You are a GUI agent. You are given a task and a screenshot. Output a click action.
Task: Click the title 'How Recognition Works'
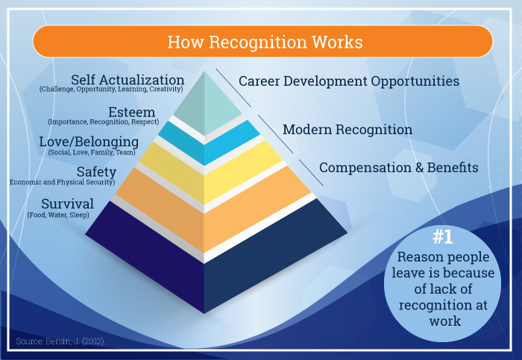point(265,42)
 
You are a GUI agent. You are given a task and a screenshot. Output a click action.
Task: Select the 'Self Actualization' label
point(128,80)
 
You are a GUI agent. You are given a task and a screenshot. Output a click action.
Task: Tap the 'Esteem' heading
point(132,112)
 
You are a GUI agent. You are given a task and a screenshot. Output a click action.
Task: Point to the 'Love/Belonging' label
point(89,142)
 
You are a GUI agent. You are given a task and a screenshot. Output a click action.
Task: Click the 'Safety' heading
point(96,172)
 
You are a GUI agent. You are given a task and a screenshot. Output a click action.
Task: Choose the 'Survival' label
point(68,204)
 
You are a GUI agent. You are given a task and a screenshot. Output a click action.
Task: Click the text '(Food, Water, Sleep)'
point(58,215)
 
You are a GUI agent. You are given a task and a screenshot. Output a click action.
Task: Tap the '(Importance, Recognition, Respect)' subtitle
point(104,121)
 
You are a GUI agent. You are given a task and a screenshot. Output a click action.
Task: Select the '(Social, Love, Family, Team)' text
point(92,152)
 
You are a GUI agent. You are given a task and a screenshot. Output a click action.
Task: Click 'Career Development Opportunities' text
point(349,81)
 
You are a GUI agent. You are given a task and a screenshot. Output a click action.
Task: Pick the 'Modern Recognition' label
point(348,130)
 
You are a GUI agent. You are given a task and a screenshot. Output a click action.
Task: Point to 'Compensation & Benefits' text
point(399,168)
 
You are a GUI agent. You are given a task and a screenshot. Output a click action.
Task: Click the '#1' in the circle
point(443,237)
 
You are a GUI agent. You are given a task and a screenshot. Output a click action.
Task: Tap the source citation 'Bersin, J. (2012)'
point(75,341)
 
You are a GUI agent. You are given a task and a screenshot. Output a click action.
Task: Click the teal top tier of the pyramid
point(207,106)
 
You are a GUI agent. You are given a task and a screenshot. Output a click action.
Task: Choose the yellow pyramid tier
point(210,173)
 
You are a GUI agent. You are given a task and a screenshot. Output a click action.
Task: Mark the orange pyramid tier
point(213,209)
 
